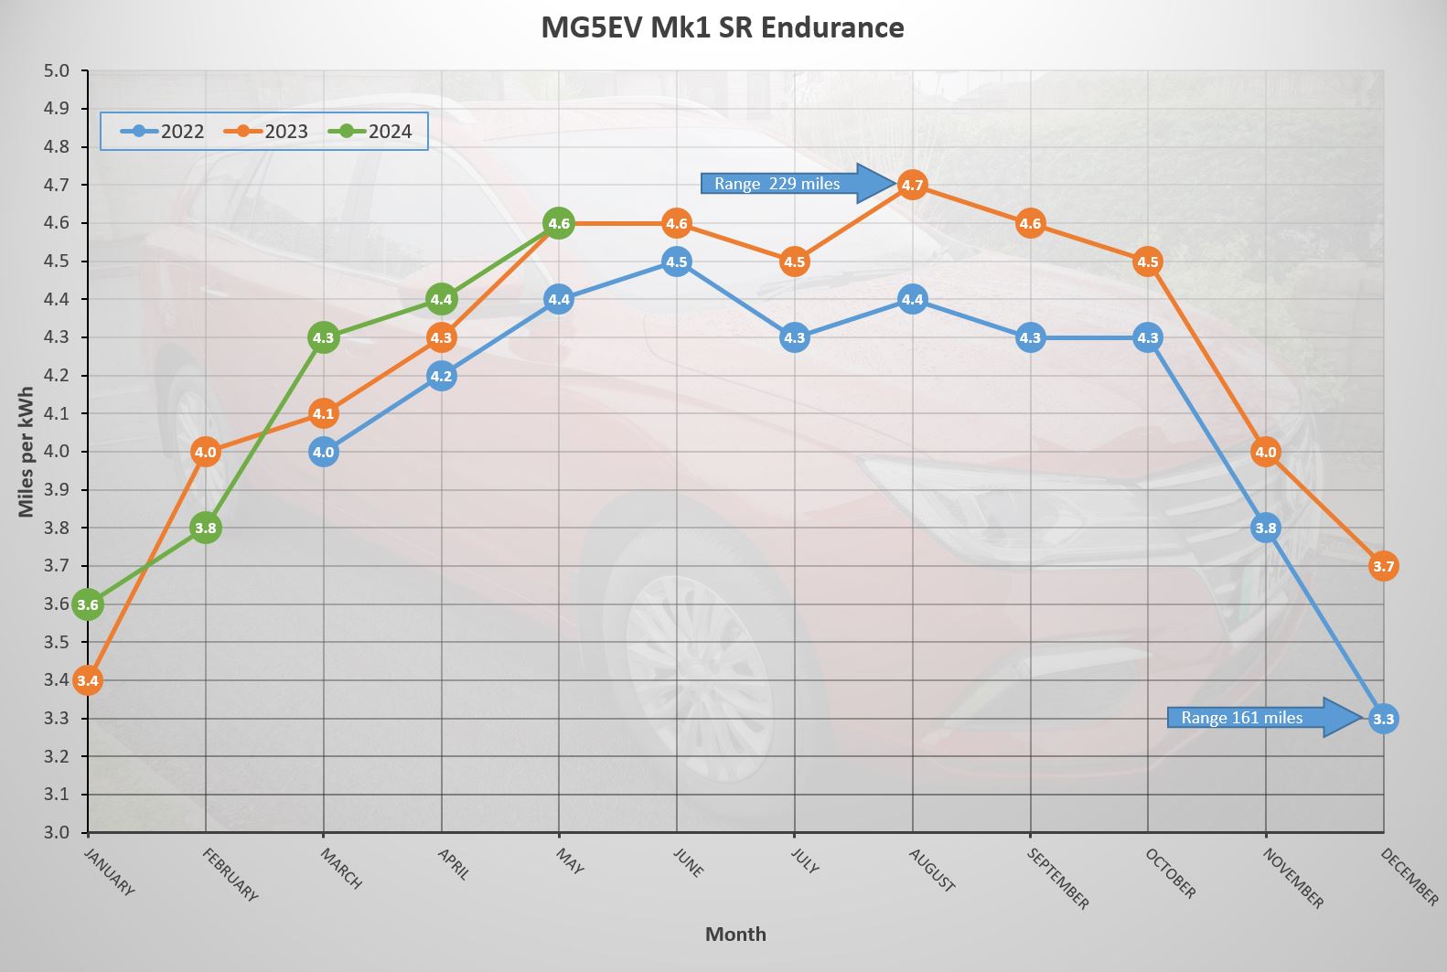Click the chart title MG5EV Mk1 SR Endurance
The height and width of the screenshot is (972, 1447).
coord(722,27)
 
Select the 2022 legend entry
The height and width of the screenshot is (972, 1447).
coord(164,131)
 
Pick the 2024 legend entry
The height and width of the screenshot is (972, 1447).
coord(371,131)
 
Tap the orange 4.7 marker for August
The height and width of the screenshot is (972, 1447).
coord(912,185)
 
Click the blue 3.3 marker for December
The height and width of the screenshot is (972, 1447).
coord(1383,719)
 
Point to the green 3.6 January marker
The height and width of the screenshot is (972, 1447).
coord(88,604)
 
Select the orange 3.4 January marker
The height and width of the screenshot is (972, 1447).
coord(88,680)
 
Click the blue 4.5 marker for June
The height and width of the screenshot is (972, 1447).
coord(676,262)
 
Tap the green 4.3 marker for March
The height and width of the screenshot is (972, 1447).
coord(323,337)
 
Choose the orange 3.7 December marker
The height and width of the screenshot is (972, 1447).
coord(1383,566)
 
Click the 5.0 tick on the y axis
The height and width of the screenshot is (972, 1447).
coord(57,71)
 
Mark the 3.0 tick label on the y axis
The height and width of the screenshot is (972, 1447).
coord(57,832)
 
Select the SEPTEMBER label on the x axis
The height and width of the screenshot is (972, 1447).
coord(1057,879)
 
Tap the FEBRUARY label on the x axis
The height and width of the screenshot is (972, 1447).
coord(230,875)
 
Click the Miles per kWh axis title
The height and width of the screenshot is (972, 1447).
coord(26,452)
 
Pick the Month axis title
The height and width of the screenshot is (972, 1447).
coord(735,934)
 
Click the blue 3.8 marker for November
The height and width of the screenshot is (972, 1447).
coord(1265,528)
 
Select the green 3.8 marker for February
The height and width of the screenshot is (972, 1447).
coord(206,528)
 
